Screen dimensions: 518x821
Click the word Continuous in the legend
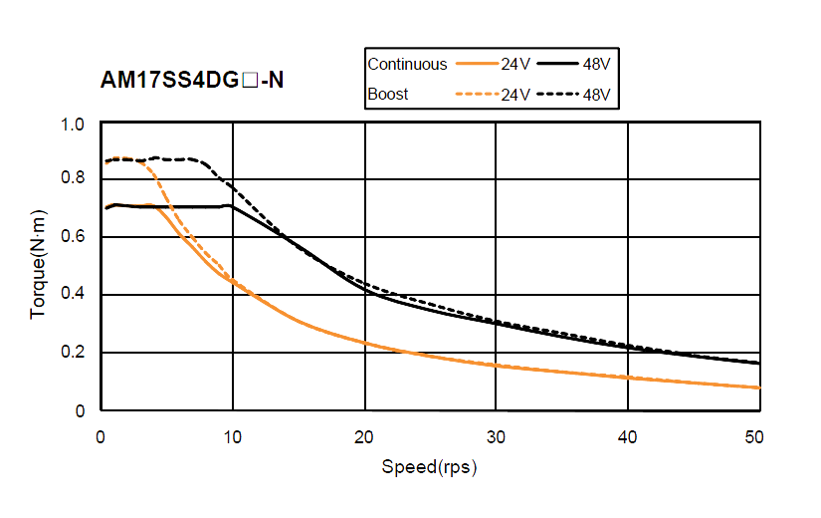408,64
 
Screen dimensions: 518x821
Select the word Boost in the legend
388,95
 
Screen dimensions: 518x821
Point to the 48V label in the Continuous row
595,65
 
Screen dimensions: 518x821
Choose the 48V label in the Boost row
595,96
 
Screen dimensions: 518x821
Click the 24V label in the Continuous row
515,65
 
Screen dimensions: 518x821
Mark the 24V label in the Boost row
515,96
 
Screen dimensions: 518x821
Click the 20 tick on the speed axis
363,436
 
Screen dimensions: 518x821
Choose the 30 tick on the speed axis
495,436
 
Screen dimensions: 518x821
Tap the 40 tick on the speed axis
626,436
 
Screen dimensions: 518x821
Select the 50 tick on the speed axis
755,436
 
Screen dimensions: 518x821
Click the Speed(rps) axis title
429,467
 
